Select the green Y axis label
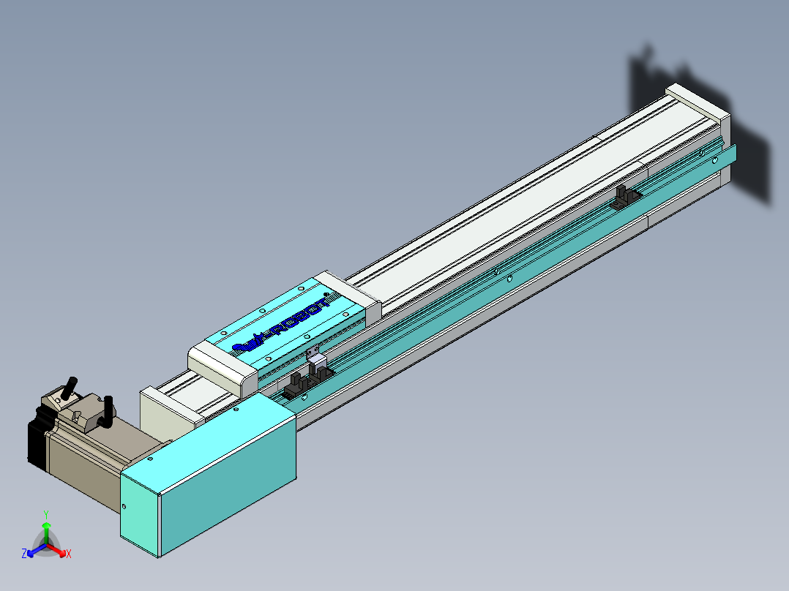46,514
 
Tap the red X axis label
69,554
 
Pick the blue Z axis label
24,554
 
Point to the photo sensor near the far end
624,197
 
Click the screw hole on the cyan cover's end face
124,505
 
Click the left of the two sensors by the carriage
296,383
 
